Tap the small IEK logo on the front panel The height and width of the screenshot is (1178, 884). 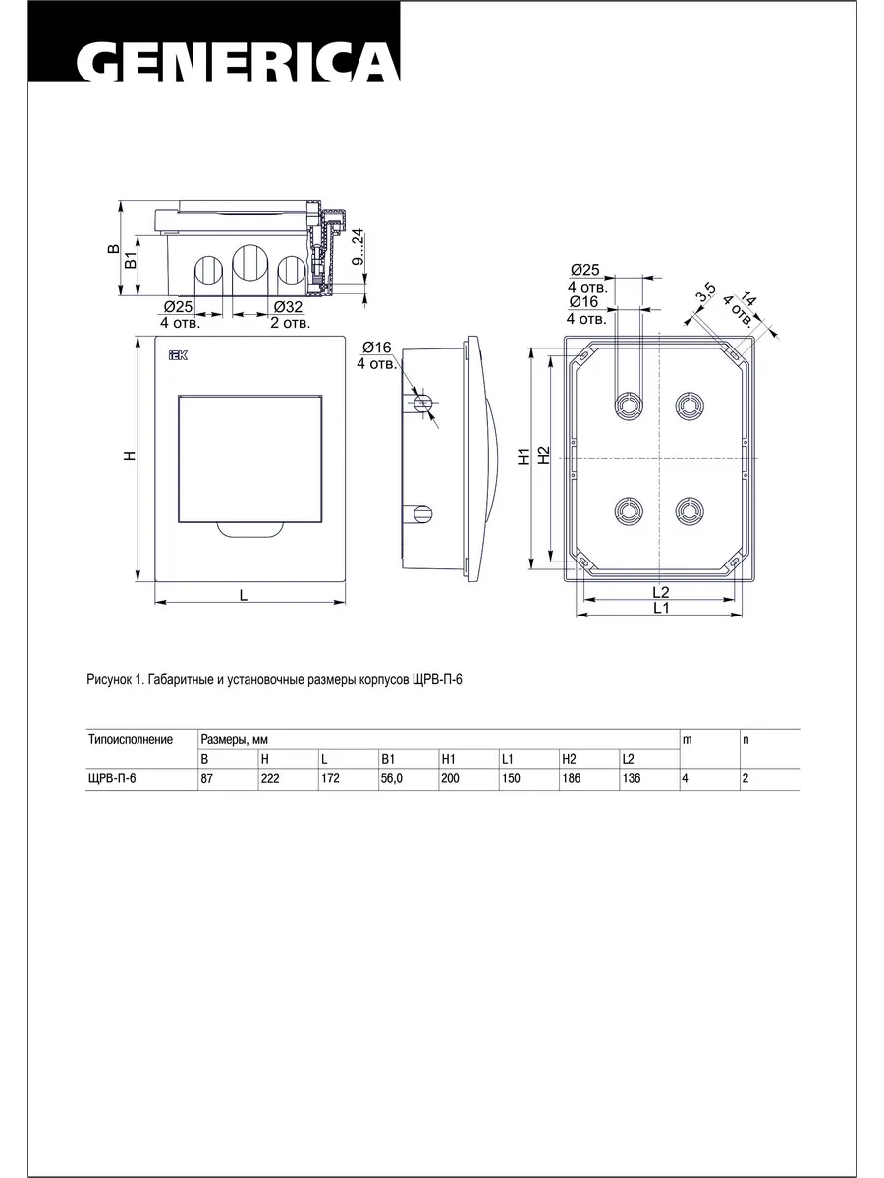(178, 355)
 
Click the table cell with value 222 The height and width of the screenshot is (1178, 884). (270, 778)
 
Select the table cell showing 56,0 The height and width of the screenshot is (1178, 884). (391, 778)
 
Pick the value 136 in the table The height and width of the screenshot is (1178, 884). (632, 778)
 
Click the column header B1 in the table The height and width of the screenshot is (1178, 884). (388, 759)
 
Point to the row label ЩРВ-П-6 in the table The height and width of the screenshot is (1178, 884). (112, 778)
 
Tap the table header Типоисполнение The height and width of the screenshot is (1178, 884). (131, 739)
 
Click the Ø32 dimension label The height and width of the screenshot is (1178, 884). (288, 307)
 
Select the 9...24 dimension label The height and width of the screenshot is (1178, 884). (358, 246)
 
